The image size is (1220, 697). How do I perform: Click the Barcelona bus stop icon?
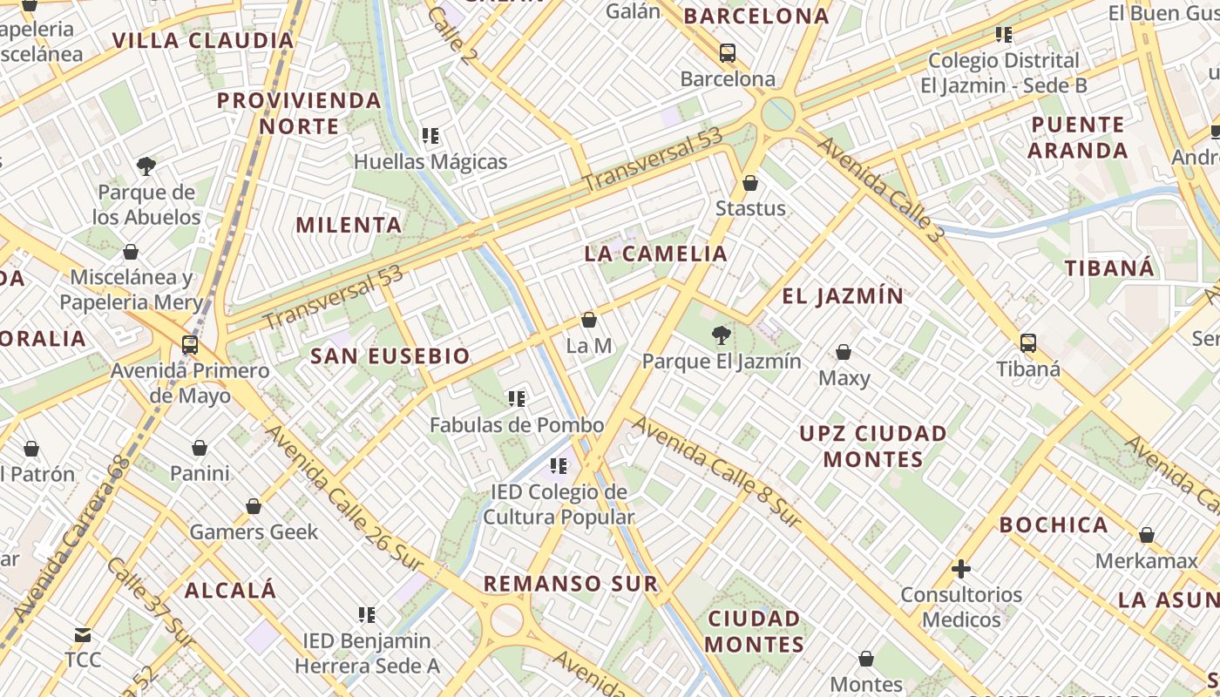(728, 53)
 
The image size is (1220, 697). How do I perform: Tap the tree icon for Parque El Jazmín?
(721, 335)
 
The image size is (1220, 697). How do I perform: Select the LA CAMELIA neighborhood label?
(655, 254)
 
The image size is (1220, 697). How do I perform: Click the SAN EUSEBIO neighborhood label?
(390, 355)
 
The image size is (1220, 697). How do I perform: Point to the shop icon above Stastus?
(750, 183)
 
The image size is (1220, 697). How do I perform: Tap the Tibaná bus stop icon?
(1028, 343)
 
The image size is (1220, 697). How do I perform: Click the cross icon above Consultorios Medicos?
(961, 569)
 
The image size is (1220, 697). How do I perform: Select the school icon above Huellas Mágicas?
(430, 136)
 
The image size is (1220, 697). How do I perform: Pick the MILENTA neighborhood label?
(349, 225)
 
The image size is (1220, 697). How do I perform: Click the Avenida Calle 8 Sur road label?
(716, 471)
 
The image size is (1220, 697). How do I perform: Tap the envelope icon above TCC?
(83, 635)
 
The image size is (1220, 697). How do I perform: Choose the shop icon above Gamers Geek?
(254, 506)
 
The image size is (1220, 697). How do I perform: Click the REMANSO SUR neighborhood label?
(571, 583)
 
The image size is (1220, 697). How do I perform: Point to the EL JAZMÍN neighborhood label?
(843, 296)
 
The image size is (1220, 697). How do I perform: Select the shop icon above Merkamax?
(1147, 535)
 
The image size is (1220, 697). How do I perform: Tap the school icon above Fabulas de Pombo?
(517, 399)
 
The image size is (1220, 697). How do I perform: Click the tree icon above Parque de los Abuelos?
(146, 166)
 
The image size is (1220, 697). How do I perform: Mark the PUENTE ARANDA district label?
(1078, 137)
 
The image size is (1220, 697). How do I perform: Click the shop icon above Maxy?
(844, 352)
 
